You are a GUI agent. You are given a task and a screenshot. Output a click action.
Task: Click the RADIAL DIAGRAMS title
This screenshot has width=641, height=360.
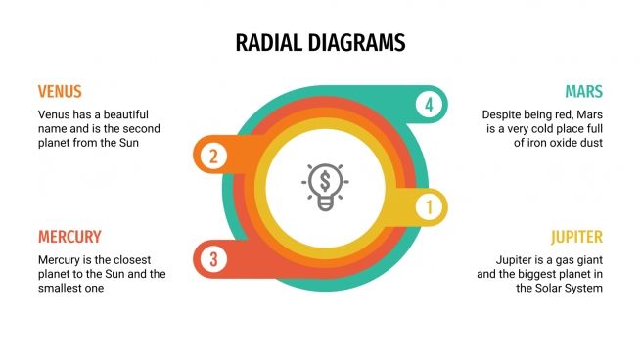[320, 43]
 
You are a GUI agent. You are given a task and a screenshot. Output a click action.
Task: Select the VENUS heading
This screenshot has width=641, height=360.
[60, 92]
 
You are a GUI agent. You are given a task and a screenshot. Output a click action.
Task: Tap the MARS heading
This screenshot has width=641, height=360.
[583, 92]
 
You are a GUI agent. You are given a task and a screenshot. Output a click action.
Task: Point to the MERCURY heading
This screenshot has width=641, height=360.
[69, 237]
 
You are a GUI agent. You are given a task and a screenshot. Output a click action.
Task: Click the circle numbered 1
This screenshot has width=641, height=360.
[428, 207]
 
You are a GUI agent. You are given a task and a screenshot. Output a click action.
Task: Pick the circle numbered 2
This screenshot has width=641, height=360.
[212, 155]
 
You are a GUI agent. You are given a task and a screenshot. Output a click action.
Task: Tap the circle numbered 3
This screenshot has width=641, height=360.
[212, 259]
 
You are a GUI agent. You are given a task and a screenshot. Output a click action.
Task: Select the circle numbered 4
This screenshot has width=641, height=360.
[428, 105]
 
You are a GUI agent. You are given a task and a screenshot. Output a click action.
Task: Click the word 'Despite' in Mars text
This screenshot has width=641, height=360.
[503, 114]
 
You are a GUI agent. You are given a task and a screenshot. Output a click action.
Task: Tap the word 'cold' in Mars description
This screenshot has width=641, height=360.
[552, 128]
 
